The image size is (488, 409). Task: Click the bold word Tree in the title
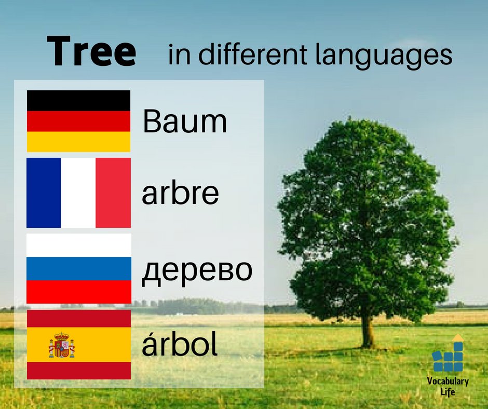point(91,52)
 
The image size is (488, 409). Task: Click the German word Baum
point(185,122)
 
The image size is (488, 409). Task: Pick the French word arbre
point(180,193)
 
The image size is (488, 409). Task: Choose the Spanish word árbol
point(180,345)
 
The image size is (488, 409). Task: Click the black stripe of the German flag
point(78,100)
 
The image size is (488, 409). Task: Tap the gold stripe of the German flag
point(78,142)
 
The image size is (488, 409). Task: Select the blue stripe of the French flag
point(44,193)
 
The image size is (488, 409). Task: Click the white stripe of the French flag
point(78,193)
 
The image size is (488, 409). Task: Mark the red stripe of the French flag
point(113,193)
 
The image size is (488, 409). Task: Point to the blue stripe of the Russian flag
point(79,268)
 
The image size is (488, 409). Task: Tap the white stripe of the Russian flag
point(79,245)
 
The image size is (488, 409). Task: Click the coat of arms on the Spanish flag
point(62,345)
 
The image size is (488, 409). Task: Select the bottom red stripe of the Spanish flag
point(79,371)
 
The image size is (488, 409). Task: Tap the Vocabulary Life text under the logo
point(448,387)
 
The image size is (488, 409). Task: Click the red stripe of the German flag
point(78,121)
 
